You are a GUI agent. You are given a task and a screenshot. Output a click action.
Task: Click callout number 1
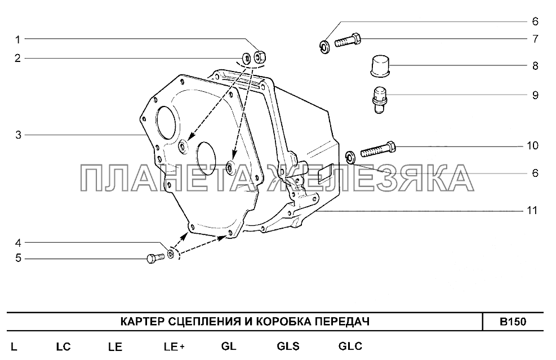(x=17, y=39)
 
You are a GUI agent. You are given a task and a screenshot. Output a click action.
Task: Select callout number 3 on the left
(x=18, y=135)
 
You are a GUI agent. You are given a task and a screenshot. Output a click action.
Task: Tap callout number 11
(x=532, y=210)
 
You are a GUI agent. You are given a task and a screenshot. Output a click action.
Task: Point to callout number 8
(x=535, y=65)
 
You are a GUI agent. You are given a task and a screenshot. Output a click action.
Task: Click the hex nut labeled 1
(x=260, y=56)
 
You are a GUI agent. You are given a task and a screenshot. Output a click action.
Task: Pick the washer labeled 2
(x=246, y=57)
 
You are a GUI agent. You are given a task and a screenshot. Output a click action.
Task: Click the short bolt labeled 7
(x=348, y=40)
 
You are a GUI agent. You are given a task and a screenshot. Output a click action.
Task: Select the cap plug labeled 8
(x=380, y=65)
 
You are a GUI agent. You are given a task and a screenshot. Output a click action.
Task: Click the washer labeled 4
(x=171, y=254)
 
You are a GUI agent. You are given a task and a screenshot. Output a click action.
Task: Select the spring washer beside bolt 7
(x=324, y=47)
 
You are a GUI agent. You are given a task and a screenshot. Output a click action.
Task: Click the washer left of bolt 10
(x=351, y=158)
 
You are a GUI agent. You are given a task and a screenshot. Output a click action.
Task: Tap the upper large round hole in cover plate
(x=166, y=123)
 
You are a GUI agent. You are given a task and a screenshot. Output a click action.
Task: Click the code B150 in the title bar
(x=513, y=322)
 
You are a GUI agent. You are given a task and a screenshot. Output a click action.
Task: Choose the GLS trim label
(x=288, y=346)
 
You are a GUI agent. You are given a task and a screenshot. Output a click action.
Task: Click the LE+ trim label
(x=174, y=346)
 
